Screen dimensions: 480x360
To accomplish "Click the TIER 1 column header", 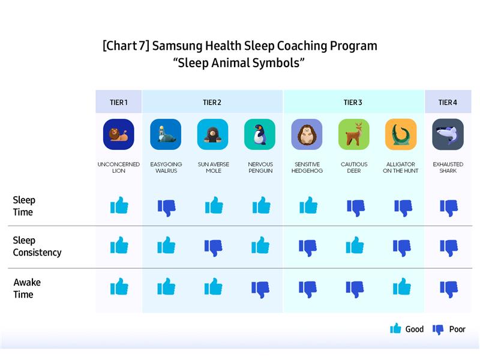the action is coord(118,102).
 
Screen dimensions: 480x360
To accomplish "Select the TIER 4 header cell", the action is coord(448,102).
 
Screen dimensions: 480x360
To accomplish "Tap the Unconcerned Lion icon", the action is coord(118,134).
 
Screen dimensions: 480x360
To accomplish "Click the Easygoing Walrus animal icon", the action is coord(166,134).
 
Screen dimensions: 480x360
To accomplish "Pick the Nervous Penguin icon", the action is coord(260,134).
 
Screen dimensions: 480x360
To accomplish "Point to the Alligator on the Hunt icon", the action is coord(401,134).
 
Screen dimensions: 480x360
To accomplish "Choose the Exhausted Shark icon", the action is coord(448,134).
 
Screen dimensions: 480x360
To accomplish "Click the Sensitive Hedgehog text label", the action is coord(307,167).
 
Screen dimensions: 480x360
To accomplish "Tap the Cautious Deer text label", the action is coord(354,167).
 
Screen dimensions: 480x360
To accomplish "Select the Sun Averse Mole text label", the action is coord(214,167).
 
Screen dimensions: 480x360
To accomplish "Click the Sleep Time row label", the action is coord(24,206).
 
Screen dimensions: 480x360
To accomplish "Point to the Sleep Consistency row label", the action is coord(37,247).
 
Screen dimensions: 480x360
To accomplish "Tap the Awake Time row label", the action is coord(27,289).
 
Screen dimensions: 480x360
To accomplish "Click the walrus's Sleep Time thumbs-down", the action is coord(167,208).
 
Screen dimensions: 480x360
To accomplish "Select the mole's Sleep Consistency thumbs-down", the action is coord(214,248).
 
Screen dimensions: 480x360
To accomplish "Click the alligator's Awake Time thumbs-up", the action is coord(402,287).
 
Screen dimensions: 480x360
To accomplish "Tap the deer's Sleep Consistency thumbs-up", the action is coord(355,245).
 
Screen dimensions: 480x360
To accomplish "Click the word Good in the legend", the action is coord(415,329).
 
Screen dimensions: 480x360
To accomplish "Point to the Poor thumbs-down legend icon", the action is coord(438,329).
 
